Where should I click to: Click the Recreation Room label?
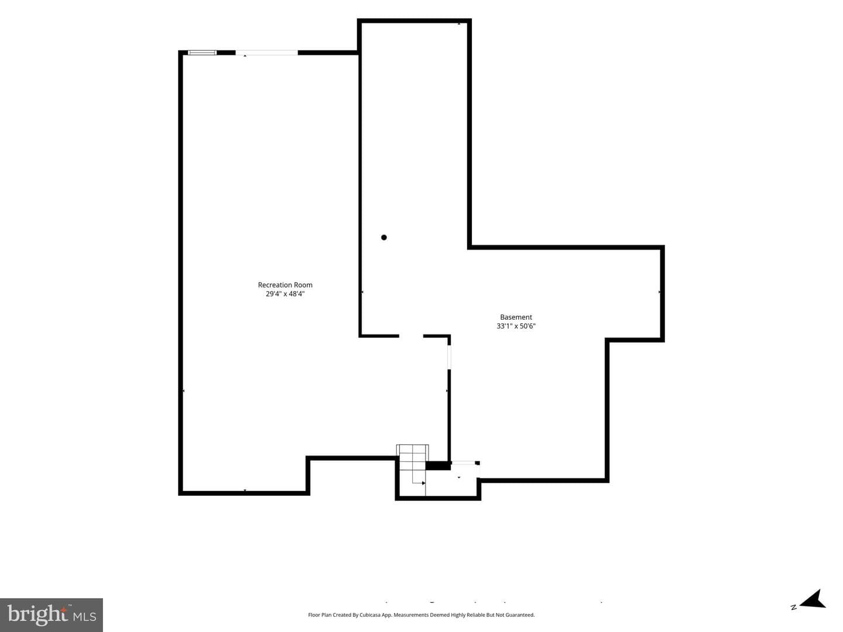(x=285, y=285)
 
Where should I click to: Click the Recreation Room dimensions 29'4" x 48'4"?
(x=285, y=294)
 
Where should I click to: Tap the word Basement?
(x=516, y=317)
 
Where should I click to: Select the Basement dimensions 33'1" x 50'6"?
(x=516, y=326)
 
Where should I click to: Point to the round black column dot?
(x=383, y=237)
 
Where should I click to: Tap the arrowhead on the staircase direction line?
(x=424, y=483)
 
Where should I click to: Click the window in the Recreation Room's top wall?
(x=202, y=53)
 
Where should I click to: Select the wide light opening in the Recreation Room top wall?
(x=266, y=53)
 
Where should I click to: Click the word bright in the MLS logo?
(x=37, y=614)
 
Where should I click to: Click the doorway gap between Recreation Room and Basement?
(x=411, y=336)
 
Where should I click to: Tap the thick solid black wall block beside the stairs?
(x=438, y=465)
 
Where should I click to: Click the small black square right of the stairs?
(x=477, y=463)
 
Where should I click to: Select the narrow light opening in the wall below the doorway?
(x=449, y=357)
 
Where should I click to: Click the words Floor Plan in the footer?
(x=320, y=614)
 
